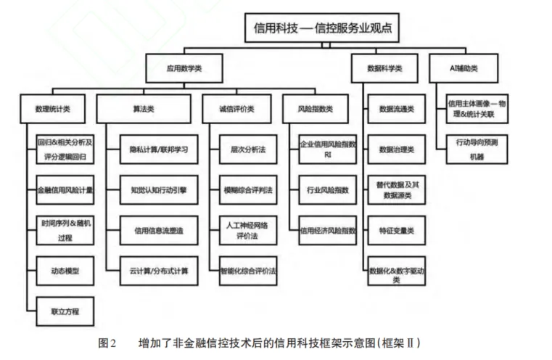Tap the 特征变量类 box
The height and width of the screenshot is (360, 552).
[x=397, y=230]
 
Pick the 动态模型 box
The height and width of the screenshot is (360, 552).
[x=65, y=271]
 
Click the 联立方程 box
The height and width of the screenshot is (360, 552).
[x=65, y=311]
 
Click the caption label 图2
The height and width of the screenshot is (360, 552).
[x=107, y=341]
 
